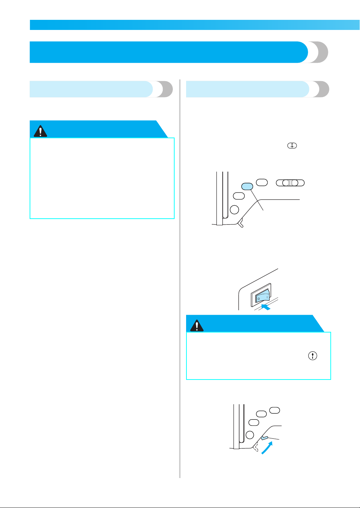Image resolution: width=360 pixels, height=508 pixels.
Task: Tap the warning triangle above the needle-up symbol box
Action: coord(197,326)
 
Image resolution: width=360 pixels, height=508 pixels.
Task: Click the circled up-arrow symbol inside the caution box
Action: coord(313,355)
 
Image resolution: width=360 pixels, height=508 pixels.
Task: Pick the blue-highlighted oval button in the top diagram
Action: coord(247,187)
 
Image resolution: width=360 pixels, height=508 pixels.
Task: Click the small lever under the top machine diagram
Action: coord(241,224)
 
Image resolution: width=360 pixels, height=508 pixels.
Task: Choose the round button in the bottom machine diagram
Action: coord(250,435)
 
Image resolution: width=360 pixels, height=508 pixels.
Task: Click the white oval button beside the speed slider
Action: coord(262,182)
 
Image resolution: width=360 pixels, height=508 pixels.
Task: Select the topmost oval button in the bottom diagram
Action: coord(275,410)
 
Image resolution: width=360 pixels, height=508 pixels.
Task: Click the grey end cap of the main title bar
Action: coord(318,52)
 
